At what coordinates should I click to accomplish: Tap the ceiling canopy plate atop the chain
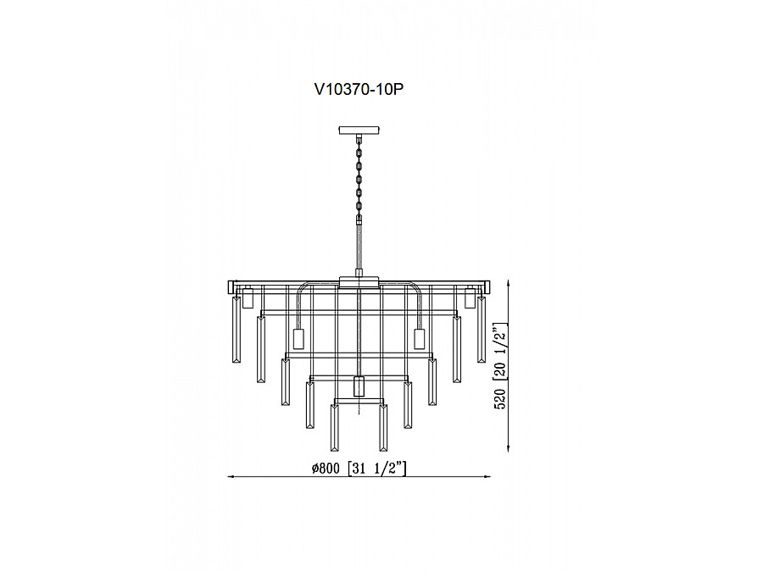point(359,131)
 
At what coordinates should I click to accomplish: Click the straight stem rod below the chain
point(359,246)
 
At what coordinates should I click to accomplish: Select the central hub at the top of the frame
point(359,281)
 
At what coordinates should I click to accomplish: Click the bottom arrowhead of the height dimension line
point(507,448)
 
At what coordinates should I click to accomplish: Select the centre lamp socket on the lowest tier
point(359,386)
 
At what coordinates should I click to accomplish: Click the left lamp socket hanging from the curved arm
point(298,340)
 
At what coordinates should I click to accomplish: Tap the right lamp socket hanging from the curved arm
point(419,339)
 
